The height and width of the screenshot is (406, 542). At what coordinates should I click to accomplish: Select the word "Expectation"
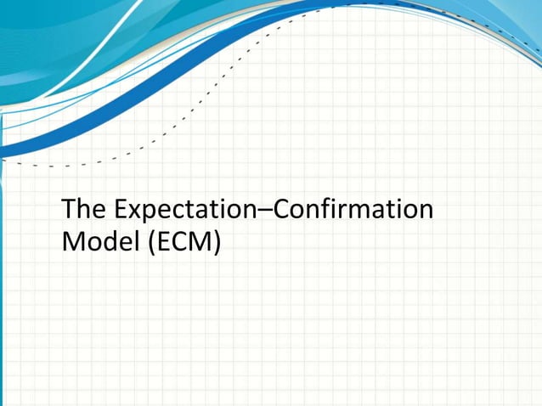point(184,211)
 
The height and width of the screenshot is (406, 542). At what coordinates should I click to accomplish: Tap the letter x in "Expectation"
point(127,211)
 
